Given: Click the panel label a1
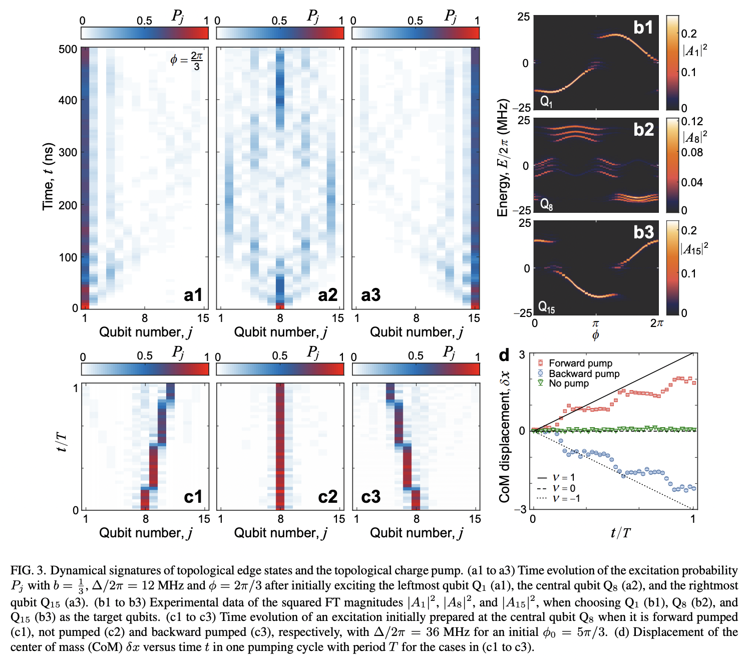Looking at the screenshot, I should click(x=193, y=295).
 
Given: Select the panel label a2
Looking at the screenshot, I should click(x=327, y=295).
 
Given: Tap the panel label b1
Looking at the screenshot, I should click(x=643, y=27).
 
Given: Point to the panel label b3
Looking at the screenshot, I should click(x=643, y=232).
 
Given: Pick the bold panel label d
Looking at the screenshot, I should click(x=504, y=355).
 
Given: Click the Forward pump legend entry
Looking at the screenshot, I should click(x=580, y=363).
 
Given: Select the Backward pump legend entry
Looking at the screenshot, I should click(x=583, y=374).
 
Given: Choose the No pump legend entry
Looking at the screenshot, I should click(x=568, y=384).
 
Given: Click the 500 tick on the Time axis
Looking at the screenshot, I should click(x=68, y=50).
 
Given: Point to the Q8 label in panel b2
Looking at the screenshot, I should click(x=546, y=204).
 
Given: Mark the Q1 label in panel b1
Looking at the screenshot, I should click(x=546, y=102).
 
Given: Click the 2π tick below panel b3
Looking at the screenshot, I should click(x=656, y=323).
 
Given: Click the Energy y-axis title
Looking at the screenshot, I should click(x=503, y=158).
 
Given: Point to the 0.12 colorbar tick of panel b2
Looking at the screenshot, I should click(x=692, y=122).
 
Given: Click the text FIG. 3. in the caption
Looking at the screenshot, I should click(x=29, y=570).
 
